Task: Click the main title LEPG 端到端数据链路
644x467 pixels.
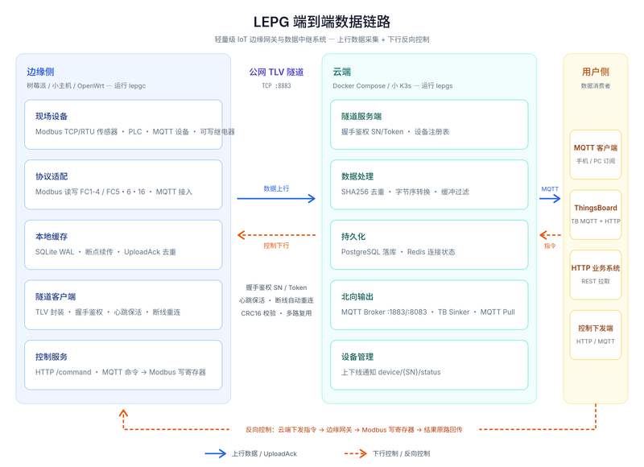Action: [x=321, y=22]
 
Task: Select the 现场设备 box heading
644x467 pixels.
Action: [x=52, y=116]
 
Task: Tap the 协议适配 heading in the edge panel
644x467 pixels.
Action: [x=52, y=176]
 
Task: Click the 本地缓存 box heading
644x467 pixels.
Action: [x=52, y=237]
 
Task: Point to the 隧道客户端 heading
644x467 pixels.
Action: [x=56, y=296]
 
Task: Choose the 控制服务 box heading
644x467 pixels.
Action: [x=52, y=357]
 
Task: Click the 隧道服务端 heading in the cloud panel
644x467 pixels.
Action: [x=361, y=116]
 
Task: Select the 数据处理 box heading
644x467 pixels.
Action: [x=357, y=176]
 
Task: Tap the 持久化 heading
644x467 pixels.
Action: [x=353, y=237]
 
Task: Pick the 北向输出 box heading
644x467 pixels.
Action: [x=357, y=296]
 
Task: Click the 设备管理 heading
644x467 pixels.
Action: [x=357, y=357]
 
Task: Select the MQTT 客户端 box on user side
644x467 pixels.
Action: [x=596, y=155]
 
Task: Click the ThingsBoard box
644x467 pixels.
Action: [x=596, y=214]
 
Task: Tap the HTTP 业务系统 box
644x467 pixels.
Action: [x=596, y=275]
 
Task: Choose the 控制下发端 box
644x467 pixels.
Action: [x=596, y=335]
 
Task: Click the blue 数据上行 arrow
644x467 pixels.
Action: [x=276, y=199]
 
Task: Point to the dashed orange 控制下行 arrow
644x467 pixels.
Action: [x=276, y=235]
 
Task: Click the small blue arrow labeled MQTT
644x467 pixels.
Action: [x=550, y=199]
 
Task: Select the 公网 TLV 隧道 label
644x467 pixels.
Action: [x=276, y=72]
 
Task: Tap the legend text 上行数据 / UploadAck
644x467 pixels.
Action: [x=264, y=453]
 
